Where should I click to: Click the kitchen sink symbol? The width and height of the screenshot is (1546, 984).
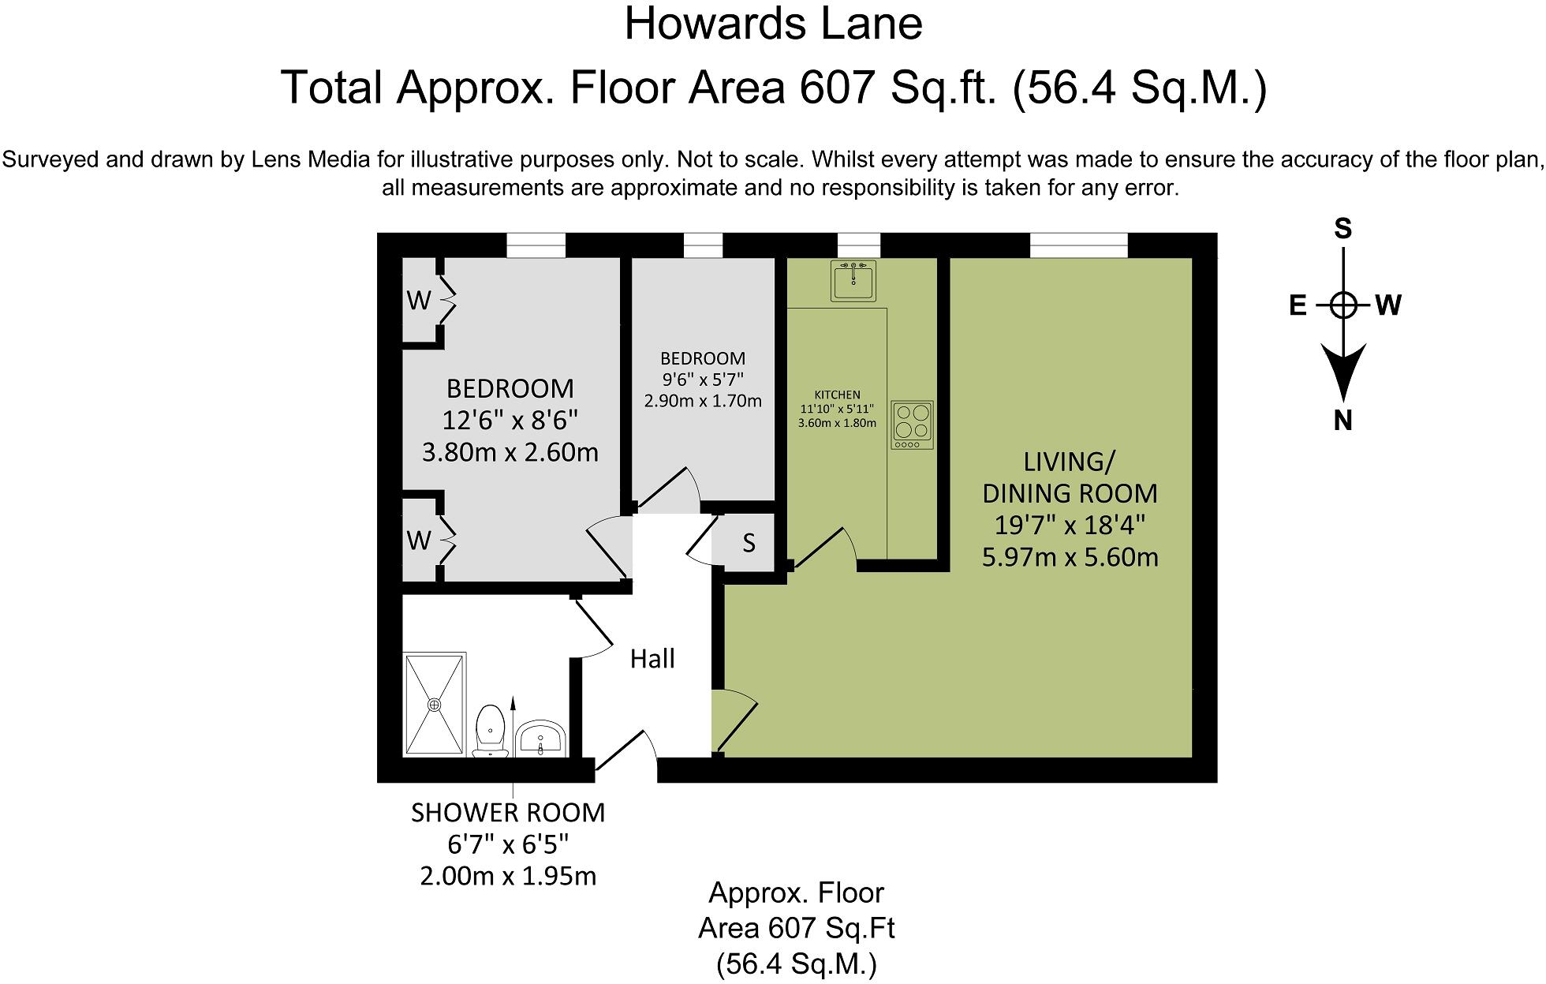(853, 281)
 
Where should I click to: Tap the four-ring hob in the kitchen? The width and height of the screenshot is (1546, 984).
(913, 425)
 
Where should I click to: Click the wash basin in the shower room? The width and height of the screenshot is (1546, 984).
(540, 738)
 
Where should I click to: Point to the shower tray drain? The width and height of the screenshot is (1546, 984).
(434, 704)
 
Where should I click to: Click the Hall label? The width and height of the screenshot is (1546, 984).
(652, 659)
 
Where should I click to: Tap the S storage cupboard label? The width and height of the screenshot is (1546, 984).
(749, 543)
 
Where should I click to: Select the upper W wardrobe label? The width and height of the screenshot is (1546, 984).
(419, 301)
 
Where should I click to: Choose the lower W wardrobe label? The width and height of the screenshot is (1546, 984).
(419, 541)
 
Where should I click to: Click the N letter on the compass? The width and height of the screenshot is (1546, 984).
(1342, 421)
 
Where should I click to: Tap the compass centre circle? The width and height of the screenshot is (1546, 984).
(1342, 305)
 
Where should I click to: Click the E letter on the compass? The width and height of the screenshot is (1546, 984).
(1298, 305)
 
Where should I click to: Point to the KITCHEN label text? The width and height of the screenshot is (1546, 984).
(837, 395)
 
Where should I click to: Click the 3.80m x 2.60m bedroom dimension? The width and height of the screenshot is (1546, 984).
(510, 452)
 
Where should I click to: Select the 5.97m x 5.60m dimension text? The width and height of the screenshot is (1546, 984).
(1070, 557)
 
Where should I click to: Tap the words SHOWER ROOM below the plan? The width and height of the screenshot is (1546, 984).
(508, 813)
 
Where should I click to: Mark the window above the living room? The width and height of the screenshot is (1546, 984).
(1078, 245)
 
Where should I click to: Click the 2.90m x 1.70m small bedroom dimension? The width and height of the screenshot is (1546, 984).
(703, 401)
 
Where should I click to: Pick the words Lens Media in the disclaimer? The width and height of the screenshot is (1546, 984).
(310, 159)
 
